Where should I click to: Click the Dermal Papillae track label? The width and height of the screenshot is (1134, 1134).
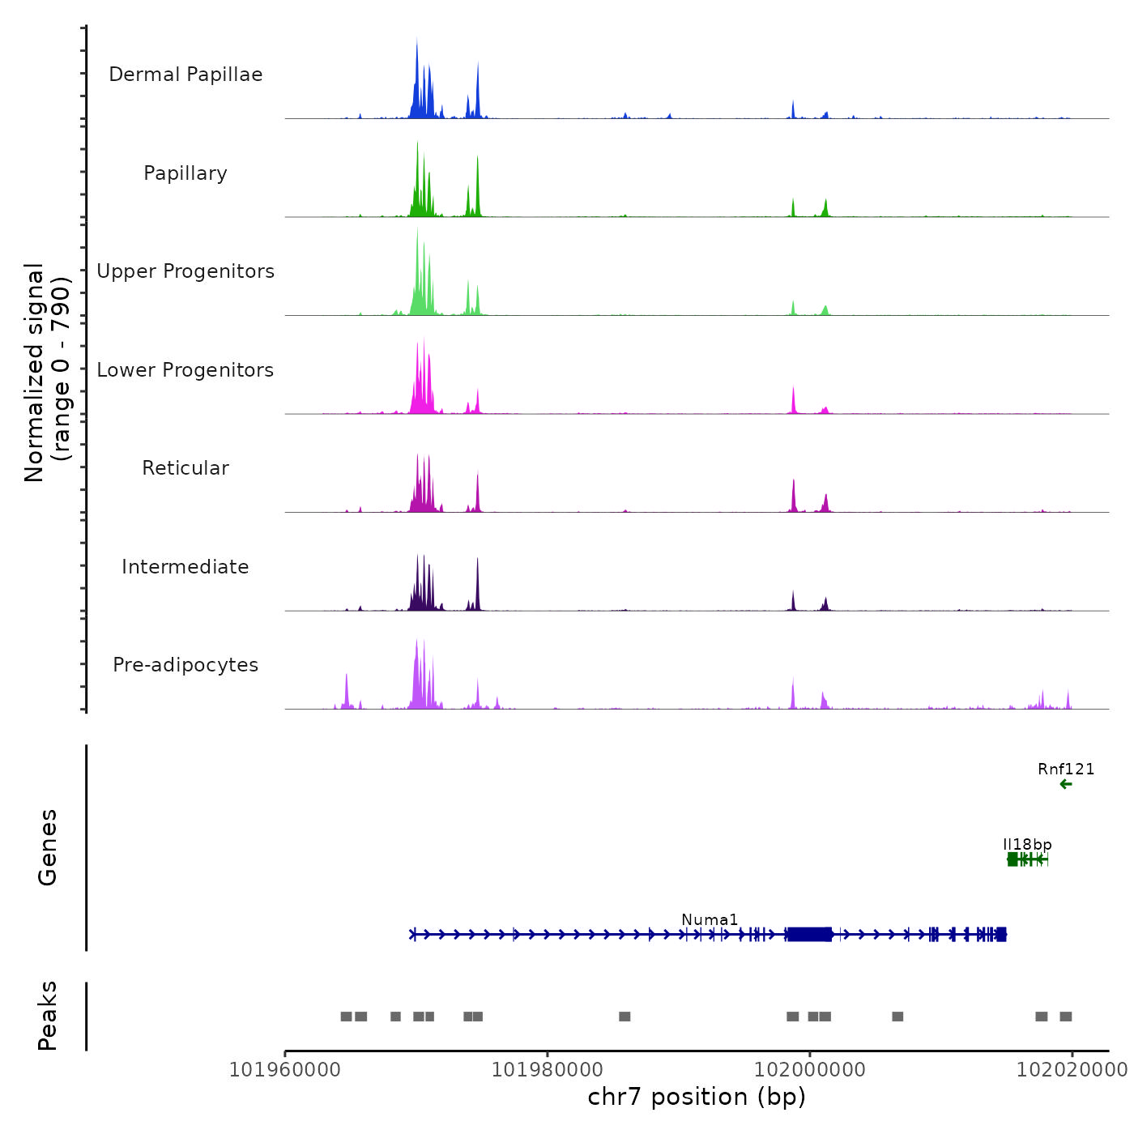[185, 75]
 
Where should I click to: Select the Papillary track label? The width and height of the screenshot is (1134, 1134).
[185, 173]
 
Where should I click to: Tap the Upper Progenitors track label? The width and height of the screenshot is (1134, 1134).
[185, 271]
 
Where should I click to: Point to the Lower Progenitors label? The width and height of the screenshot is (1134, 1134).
[185, 370]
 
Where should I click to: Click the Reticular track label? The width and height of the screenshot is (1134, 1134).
[185, 468]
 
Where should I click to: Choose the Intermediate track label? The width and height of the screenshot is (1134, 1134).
[185, 567]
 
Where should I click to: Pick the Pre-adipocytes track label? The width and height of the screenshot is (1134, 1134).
[185, 665]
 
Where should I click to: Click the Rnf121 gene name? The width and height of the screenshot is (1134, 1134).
[1066, 769]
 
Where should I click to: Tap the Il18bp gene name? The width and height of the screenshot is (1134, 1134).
[1027, 845]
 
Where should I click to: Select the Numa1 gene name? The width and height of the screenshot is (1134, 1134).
[710, 920]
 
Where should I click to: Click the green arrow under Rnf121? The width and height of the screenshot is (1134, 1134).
[1066, 784]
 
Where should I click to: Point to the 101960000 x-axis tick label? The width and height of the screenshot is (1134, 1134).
[285, 1070]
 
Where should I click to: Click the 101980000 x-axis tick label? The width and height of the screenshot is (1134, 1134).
[548, 1070]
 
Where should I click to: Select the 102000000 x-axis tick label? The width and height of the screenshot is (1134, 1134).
[810, 1070]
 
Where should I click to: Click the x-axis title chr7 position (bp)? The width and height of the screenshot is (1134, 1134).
[697, 1097]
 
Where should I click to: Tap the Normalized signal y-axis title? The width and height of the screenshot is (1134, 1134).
[47, 373]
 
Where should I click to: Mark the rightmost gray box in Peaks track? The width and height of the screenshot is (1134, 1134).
[1066, 1017]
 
